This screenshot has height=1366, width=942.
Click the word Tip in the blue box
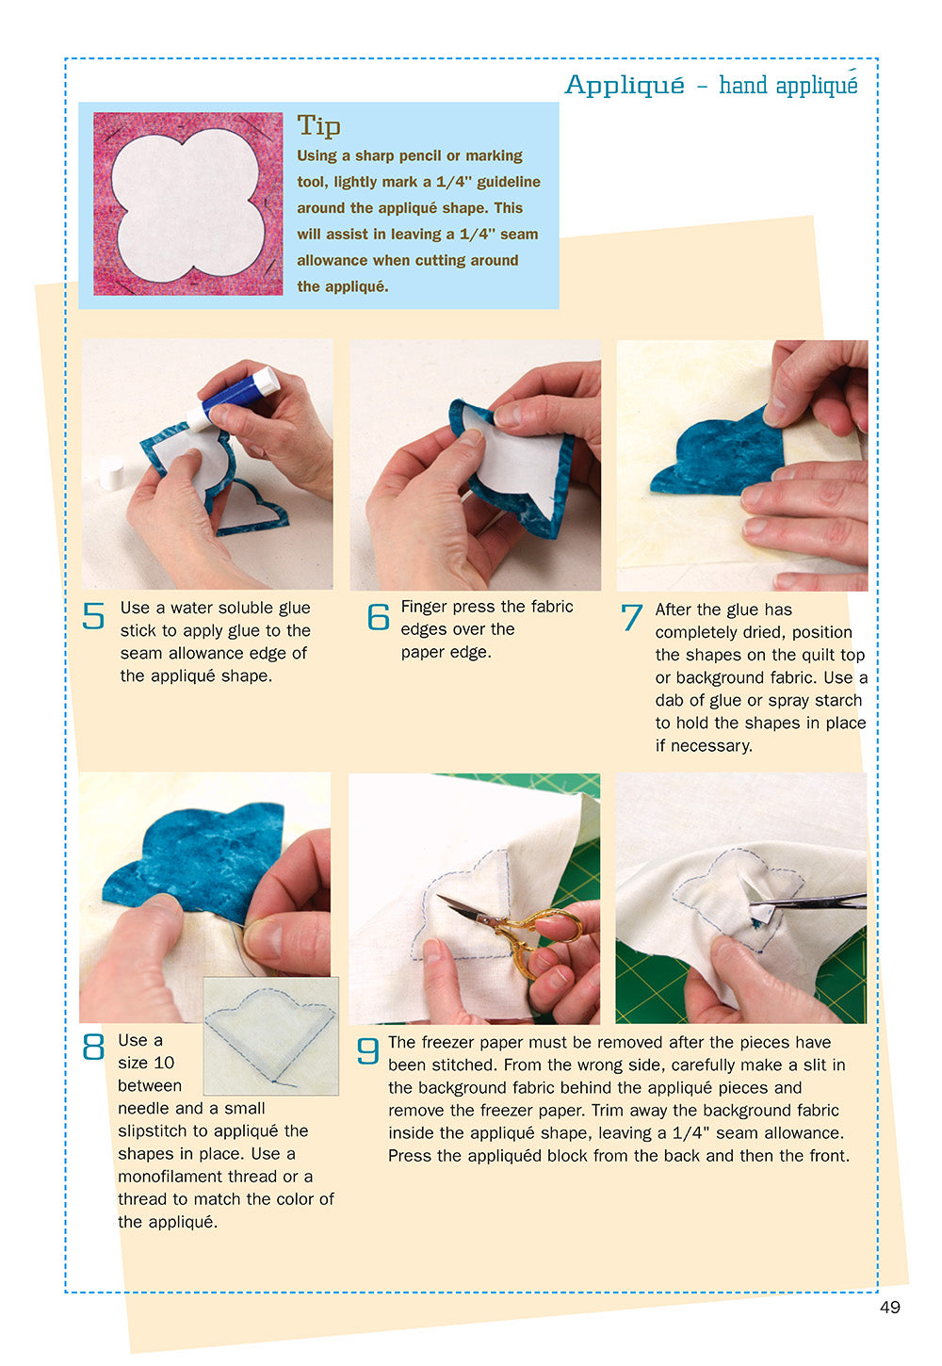point(318,125)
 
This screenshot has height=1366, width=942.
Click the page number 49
point(889,1307)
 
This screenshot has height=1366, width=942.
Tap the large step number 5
point(93,616)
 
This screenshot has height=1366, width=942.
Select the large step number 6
point(378,617)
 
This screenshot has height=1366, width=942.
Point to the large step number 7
point(631,619)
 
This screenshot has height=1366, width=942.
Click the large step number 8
point(93,1048)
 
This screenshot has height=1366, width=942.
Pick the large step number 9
point(368,1050)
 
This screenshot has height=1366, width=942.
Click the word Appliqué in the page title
point(624,85)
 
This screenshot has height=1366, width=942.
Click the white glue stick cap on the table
point(112,471)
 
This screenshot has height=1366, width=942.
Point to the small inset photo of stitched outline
point(270,1035)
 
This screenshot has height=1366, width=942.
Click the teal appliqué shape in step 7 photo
point(716,457)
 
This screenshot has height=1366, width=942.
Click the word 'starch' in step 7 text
point(840,700)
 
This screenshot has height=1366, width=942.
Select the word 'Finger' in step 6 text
point(426,607)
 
